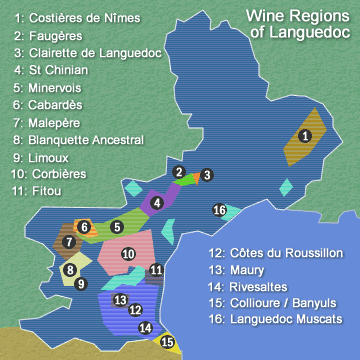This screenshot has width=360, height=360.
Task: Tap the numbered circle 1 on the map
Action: point(305,136)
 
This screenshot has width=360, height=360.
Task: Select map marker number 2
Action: point(178,173)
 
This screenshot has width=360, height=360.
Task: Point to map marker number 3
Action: point(206,175)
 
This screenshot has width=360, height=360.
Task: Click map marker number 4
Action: point(157,203)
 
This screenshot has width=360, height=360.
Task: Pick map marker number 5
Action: point(117,227)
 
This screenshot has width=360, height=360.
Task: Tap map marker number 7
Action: point(68,242)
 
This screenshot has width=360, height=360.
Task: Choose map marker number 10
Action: point(128,254)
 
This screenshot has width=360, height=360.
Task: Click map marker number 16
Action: point(219,210)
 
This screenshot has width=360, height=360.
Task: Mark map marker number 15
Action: point(167,342)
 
